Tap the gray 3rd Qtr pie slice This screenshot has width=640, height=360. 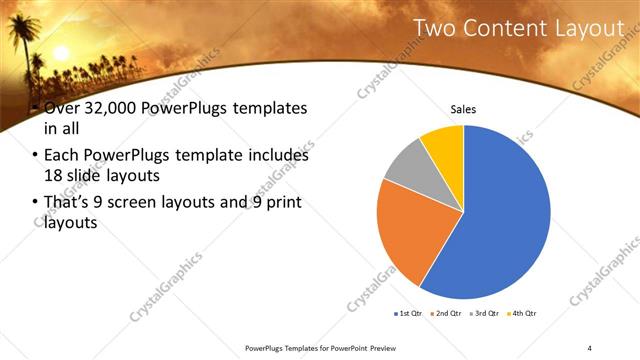(406, 166)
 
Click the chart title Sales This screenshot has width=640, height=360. (463, 109)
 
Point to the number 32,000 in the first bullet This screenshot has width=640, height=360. (96, 108)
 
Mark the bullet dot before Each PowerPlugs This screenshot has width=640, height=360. (36, 157)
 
